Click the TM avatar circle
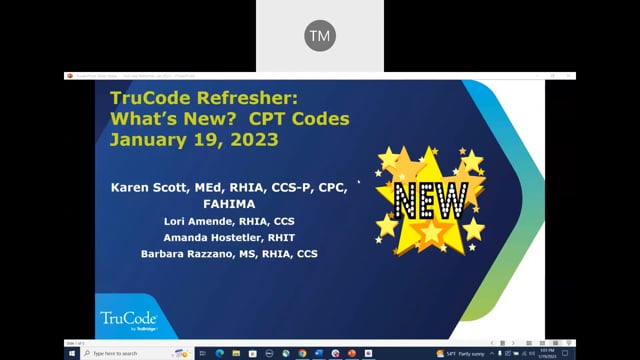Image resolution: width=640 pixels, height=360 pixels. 320,36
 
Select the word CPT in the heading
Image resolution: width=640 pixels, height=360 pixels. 267,119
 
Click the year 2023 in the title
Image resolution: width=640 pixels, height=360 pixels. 249,140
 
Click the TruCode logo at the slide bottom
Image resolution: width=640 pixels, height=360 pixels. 127,322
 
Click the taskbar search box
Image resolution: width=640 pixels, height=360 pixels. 130,352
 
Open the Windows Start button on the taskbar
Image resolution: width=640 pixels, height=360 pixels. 72,352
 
